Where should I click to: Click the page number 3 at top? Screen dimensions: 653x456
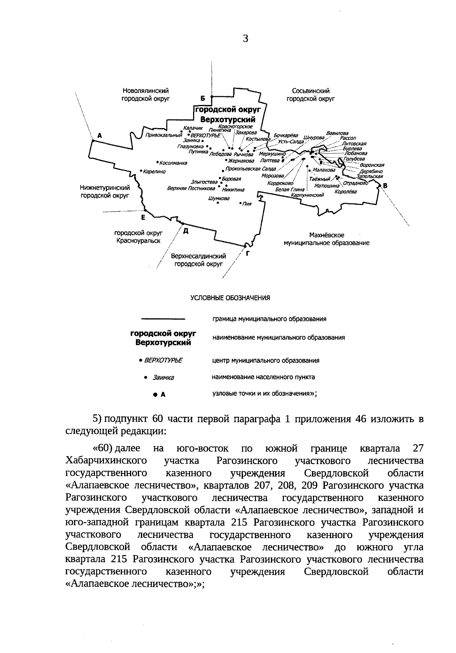click(x=245, y=38)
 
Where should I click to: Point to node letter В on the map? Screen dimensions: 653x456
click(x=385, y=186)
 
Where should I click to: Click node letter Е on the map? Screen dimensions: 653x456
click(x=143, y=218)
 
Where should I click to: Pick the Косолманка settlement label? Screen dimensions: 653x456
click(x=174, y=163)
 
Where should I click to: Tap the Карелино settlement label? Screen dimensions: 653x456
click(x=154, y=172)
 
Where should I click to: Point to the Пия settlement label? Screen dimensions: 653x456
click(x=247, y=204)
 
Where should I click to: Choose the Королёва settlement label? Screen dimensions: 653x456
click(x=345, y=192)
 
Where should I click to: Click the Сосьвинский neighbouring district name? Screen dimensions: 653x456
click(x=310, y=91)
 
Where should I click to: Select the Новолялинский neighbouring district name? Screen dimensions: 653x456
click(x=146, y=91)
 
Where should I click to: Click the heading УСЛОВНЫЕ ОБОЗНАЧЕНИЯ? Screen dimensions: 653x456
click(x=230, y=298)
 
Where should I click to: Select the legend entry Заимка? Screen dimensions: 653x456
click(x=163, y=378)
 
